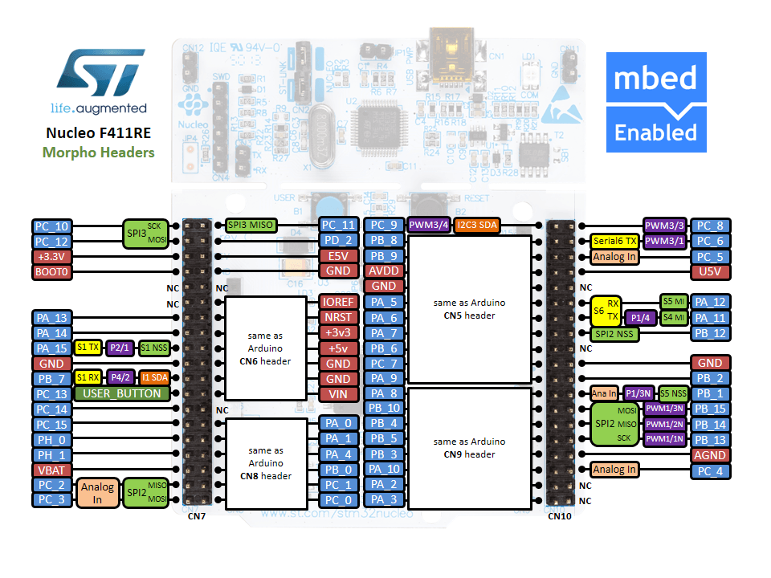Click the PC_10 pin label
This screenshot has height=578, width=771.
coord(52,226)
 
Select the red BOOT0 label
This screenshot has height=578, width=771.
coord(52,272)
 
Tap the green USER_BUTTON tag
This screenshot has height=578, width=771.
coord(122,394)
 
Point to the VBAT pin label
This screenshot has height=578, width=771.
coord(52,470)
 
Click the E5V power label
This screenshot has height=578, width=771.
coord(338,256)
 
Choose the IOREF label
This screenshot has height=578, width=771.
coord(338,302)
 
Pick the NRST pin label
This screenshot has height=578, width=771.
coord(338,317)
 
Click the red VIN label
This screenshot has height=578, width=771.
coord(338,394)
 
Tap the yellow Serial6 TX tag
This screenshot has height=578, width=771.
coord(615,241)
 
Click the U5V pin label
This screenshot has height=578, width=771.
coord(711,272)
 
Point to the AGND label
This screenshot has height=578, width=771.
coord(711,455)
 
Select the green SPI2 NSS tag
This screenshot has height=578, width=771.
coord(615,333)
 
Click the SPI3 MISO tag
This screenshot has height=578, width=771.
coord(251,226)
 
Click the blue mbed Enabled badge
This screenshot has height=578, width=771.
coord(655,102)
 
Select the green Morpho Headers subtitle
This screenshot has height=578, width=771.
coord(99,152)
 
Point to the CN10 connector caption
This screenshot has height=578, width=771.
coord(560,516)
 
